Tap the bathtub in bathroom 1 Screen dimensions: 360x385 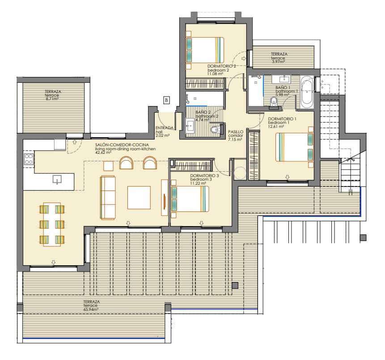point(307,92)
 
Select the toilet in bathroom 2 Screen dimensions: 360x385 point(215,130)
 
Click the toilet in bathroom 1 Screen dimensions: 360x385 point(274,102)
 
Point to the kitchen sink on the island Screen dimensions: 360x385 point(57,180)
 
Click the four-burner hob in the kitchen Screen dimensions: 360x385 point(29,160)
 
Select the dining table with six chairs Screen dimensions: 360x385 point(52,224)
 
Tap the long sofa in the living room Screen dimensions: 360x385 point(108,197)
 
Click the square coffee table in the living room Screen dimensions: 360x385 point(139,198)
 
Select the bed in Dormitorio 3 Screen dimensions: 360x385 point(189,199)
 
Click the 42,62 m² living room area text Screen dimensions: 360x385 point(106,153)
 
